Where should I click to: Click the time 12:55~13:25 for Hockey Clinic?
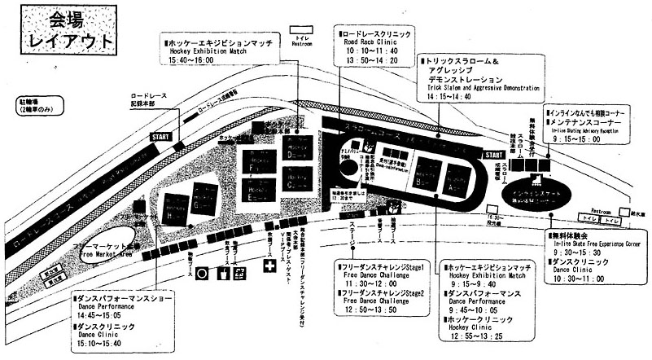point(477,336)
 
